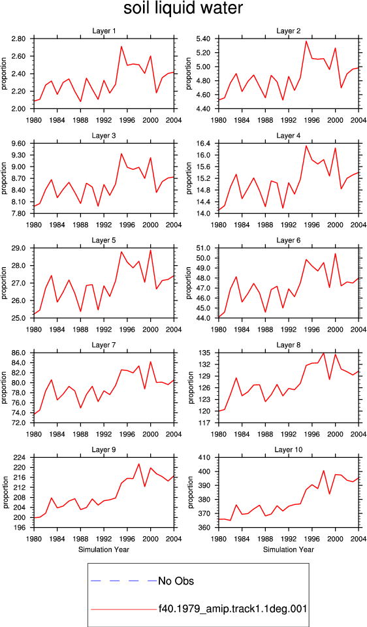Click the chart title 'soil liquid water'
(183, 8)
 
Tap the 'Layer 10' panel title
(288, 450)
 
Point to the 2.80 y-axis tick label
(19, 39)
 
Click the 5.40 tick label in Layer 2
(204, 39)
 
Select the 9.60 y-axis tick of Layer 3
(19, 144)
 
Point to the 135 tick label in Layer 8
(206, 353)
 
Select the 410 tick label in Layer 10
(206, 457)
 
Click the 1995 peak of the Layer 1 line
(121, 46)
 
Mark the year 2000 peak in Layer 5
(151, 250)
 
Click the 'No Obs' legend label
(176, 581)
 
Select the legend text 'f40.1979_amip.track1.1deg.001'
(232, 609)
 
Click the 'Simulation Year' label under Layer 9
(104, 549)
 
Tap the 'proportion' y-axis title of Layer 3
(4, 178)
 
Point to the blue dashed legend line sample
(124, 581)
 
